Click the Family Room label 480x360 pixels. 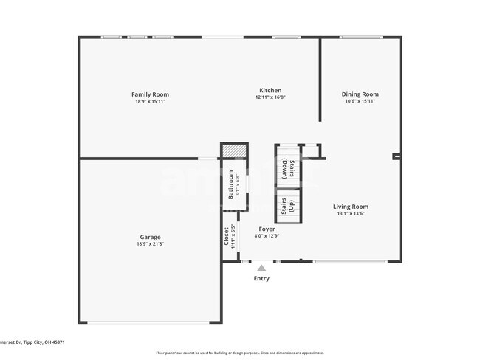click(x=150, y=94)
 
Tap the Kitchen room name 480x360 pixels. click(x=270, y=91)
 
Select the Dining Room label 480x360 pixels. click(x=360, y=94)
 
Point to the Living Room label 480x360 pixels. click(x=350, y=207)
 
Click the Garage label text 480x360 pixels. click(x=150, y=238)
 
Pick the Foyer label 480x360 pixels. click(x=267, y=229)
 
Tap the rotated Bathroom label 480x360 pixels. click(x=231, y=185)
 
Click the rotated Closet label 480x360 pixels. click(x=226, y=236)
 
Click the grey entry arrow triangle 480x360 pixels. click(x=261, y=269)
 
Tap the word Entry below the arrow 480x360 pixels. click(x=261, y=279)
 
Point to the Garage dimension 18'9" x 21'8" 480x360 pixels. click(x=150, y=244)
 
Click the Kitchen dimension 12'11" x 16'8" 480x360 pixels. click(x=270, y=97)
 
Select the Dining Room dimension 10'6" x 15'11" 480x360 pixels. click(x=360, y=101)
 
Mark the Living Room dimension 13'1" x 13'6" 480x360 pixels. click(x=350, y=213)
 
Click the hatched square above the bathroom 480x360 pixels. click(x=231, y=150)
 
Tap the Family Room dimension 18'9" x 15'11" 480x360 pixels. click(x=150, y=101)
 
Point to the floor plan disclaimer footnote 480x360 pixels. click(x=239, y=353)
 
